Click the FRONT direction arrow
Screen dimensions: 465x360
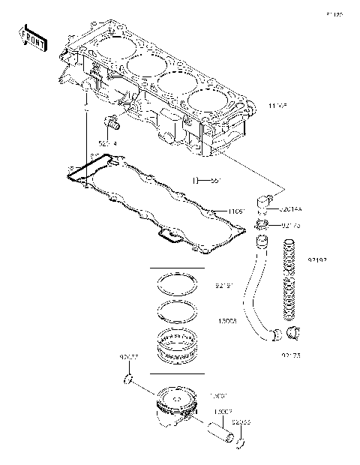pos(32,37)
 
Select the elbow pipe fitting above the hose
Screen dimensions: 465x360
pos(263,202)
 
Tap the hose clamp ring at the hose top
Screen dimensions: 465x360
pos(261,224)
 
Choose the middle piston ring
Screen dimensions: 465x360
pos(178,311)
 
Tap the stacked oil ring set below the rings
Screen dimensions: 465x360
pos(178,345)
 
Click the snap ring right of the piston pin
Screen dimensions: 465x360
pos(240,444)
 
